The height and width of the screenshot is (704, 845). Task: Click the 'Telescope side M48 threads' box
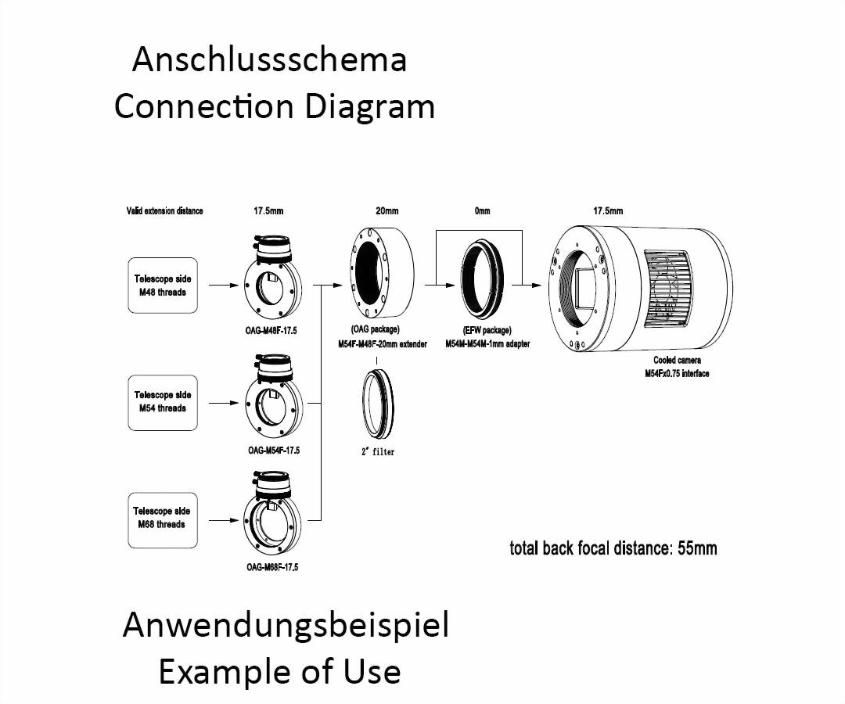coord(163,286)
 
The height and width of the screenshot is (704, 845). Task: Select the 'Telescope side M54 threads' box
coord(163,403)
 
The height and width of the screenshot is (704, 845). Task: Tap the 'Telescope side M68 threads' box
coord(163,520)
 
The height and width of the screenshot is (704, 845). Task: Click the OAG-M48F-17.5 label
coord(271,331)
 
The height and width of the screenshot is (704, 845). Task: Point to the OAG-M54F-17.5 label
coord(274,451)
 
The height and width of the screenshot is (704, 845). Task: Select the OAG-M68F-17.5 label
coord(272,567)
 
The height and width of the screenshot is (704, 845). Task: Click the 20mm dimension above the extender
coord(387,210)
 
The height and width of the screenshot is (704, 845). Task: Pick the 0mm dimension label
coord(482,210)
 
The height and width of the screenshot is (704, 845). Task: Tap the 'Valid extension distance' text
coord(165,210)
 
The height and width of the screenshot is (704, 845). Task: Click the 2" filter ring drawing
coord(378,404)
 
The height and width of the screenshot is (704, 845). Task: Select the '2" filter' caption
coord(378,452)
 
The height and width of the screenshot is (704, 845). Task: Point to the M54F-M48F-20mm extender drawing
coord(383,275)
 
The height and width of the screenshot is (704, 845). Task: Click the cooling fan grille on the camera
coord(667,289)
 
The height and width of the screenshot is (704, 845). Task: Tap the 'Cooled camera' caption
coord(678,360)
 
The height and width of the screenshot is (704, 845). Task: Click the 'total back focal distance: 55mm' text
coord(613,548)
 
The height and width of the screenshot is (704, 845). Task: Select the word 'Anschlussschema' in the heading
coord(269,59)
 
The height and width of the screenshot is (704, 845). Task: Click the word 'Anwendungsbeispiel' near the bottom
coord(286,626)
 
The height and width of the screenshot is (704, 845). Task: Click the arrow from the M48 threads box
coord(223,285)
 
